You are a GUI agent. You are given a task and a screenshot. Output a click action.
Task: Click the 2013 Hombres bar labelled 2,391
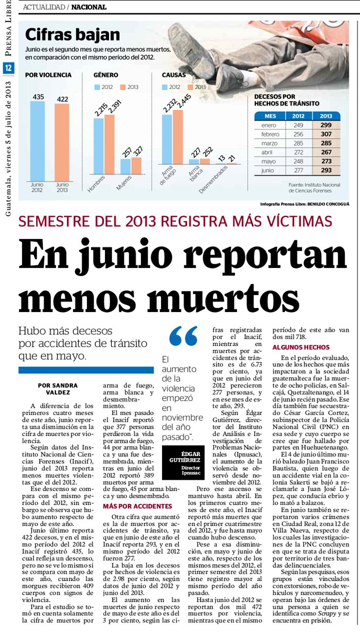110,144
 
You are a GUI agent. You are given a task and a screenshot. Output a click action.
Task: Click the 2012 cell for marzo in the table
298,143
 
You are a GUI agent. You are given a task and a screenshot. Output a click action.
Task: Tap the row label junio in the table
267,170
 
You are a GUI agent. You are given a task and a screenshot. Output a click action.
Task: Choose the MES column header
270,116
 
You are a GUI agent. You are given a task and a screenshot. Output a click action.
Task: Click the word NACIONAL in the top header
88,7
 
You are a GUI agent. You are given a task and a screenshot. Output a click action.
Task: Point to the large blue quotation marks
183,337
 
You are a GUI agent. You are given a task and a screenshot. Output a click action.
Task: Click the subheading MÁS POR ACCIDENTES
130,506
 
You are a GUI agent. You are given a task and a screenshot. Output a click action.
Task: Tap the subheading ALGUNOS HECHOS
297,347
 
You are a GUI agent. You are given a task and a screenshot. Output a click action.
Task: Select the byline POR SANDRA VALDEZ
58,389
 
